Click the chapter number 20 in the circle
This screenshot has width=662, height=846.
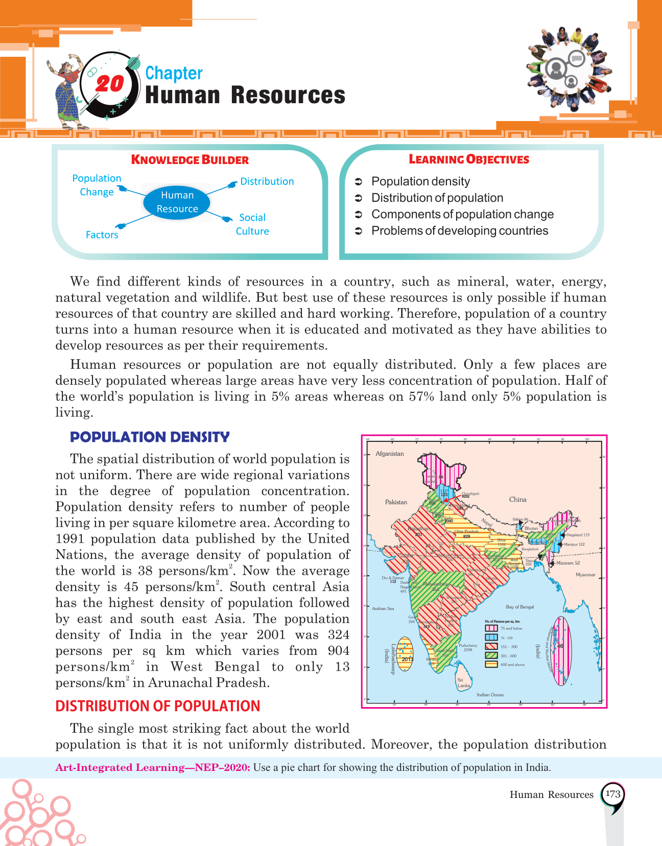coord(110,84)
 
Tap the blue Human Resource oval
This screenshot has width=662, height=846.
coord(177,202)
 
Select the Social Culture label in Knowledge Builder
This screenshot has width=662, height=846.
coord(252,224)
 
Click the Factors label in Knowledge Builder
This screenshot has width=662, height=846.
coord(102,235)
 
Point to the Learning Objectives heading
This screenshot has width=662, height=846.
coord(469,159)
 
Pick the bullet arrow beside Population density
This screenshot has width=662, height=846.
coord(359,182)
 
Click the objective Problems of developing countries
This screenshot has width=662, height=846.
coord(460,231)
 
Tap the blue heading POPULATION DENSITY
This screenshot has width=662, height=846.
coord(150,437)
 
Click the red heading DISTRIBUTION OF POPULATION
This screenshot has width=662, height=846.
coord(158,706)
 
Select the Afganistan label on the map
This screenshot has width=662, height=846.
coord(390,454)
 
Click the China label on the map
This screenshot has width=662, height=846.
coord(517,500)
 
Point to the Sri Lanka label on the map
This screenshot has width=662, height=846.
coord(463,683)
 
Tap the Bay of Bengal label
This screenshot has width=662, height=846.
coord(519,607)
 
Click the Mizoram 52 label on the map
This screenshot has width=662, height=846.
coord(568,563)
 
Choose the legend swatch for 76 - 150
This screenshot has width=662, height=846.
coord(491,638)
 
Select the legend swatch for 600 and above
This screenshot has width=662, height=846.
coord(491,665)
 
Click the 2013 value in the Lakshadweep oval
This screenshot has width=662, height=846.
coord(407,659)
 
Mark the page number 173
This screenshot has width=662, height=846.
coord(612,794)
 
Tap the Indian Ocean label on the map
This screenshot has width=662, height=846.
coord(490,695)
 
